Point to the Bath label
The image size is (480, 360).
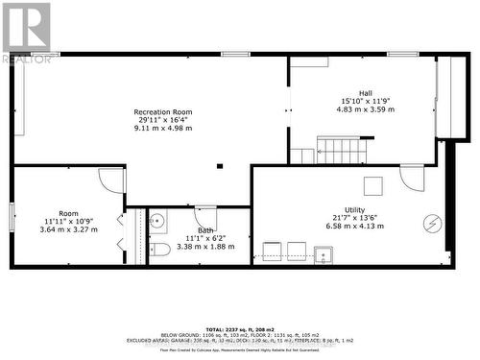coord(205,230)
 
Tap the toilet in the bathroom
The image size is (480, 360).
coord(160,251)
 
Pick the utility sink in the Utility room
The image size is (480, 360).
coord(324,255)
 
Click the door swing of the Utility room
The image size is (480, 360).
coord(411,177)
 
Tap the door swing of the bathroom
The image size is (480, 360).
coord(205,217)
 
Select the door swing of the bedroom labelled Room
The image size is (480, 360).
coord(108,180)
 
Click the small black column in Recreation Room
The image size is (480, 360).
coord(220,165)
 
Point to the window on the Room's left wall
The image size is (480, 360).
coord(12,216)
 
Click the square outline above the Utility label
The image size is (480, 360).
coord(372,185)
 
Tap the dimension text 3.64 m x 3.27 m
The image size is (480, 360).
coord(68,229)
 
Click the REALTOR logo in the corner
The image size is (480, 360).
coord(26,32)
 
